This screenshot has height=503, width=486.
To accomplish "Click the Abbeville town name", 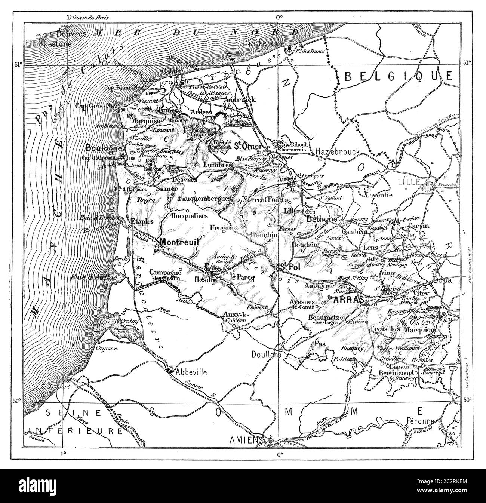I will point(191,372).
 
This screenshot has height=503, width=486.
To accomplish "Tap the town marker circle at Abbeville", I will point(171,369).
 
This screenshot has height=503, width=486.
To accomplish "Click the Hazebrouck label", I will point(338,151).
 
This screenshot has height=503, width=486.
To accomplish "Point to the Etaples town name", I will point(141,221).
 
